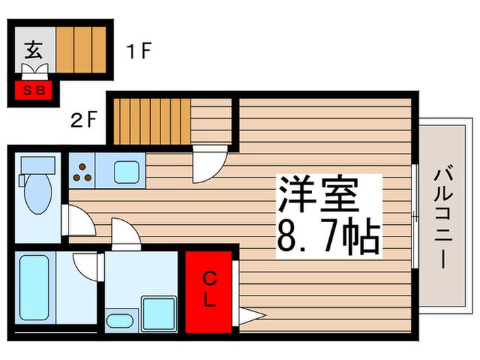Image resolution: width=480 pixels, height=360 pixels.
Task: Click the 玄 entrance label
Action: pos(32,50)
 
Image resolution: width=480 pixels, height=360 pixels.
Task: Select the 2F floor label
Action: pos(84,121)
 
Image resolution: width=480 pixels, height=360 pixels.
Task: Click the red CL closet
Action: pos(209,291)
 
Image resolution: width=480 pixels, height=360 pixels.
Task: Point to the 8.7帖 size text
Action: pos(328,235)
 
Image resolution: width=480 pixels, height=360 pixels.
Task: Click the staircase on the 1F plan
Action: pos(82,49)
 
